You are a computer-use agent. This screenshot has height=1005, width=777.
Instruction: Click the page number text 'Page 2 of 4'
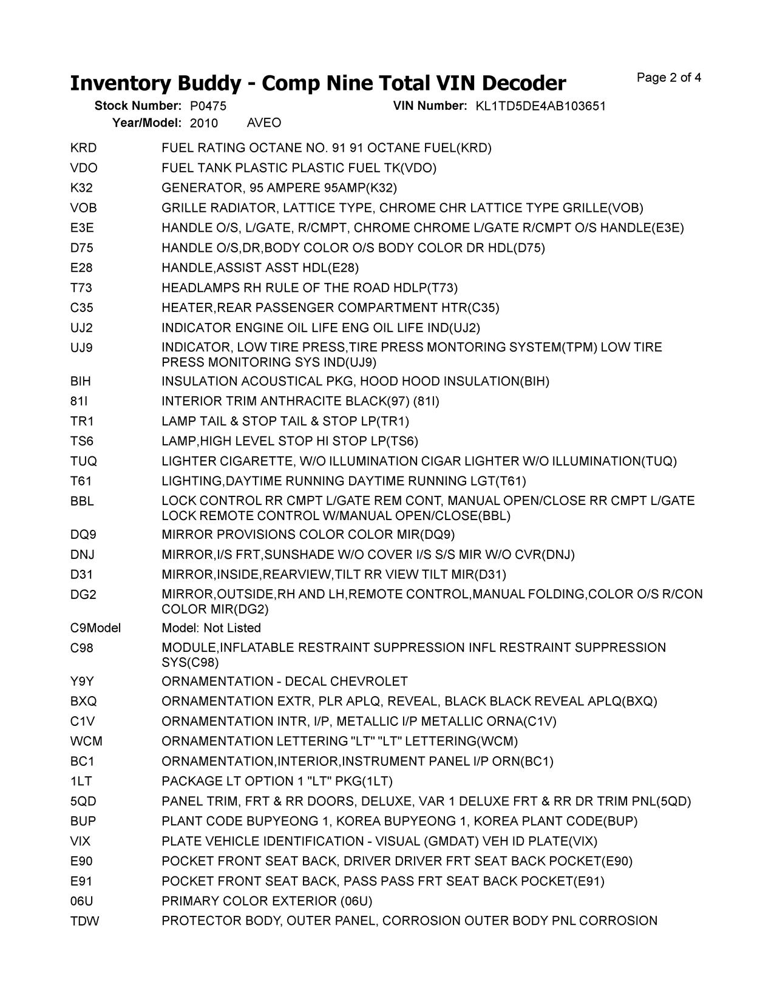point(669,78)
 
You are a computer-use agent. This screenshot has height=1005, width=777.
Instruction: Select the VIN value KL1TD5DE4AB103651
point(540,106)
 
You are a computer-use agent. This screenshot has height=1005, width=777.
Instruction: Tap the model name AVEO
point(264,123)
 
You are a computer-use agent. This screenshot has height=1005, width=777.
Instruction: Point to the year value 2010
point(204,123)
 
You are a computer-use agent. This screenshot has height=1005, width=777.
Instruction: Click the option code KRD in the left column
point(83,148)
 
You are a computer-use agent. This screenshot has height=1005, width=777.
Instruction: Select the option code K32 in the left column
point(81,188)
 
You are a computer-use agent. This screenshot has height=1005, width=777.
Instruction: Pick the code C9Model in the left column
point(95,628)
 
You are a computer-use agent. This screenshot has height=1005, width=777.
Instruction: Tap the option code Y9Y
point(82,682)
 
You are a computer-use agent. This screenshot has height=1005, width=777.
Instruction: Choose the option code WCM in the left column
point(86,742)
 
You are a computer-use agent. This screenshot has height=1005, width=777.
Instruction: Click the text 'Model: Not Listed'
point(211,628)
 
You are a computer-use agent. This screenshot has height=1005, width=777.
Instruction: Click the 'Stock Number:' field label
point(138,106)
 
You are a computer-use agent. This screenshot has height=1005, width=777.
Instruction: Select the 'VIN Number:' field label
point(430,106)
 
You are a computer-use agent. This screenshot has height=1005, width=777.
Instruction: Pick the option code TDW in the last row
point(84,921)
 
